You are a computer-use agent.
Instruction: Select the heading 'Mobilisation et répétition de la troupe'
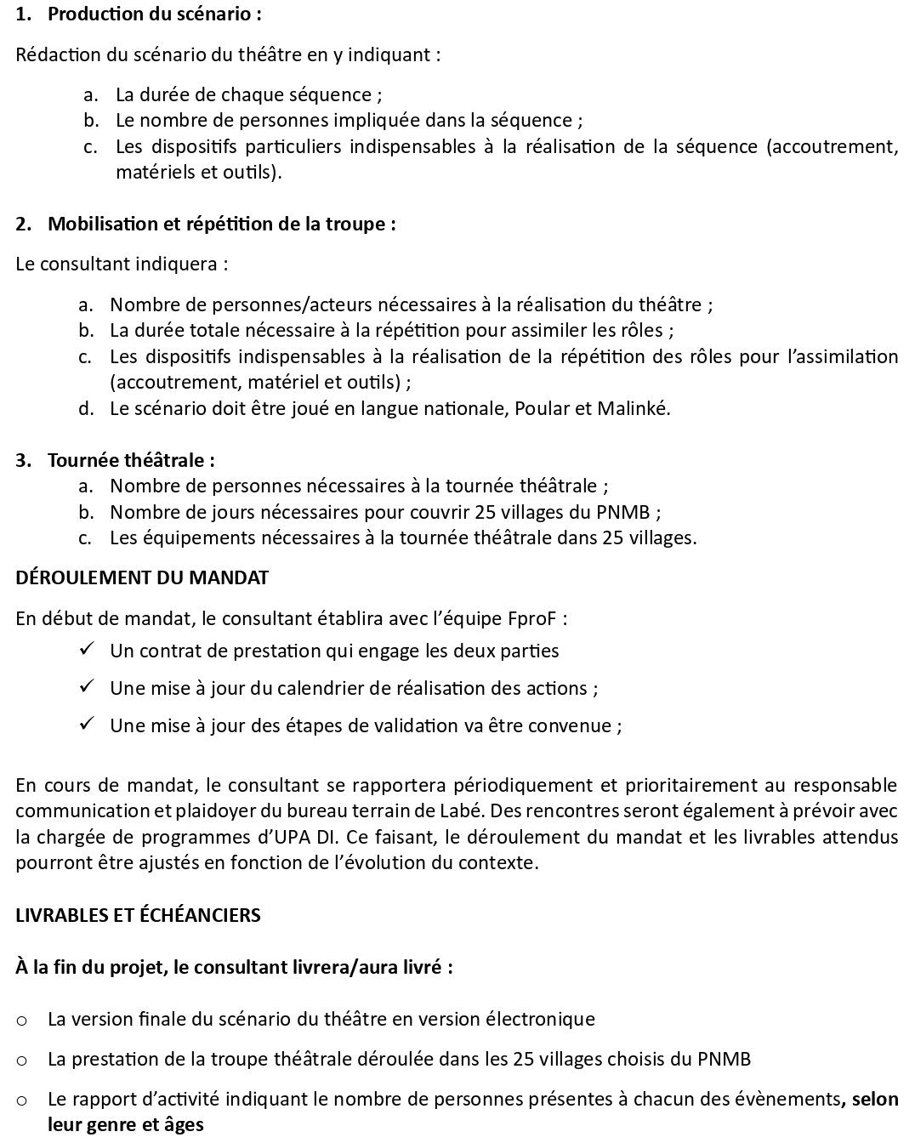(221, 225)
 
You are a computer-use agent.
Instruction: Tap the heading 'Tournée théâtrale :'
(131, 460)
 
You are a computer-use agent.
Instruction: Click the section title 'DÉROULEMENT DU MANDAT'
(142, 577)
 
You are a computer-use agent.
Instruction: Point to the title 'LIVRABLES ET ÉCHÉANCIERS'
(138, 915)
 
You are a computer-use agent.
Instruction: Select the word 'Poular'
(543, 408)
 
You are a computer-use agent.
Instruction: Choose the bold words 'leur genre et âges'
(126, 1125)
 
